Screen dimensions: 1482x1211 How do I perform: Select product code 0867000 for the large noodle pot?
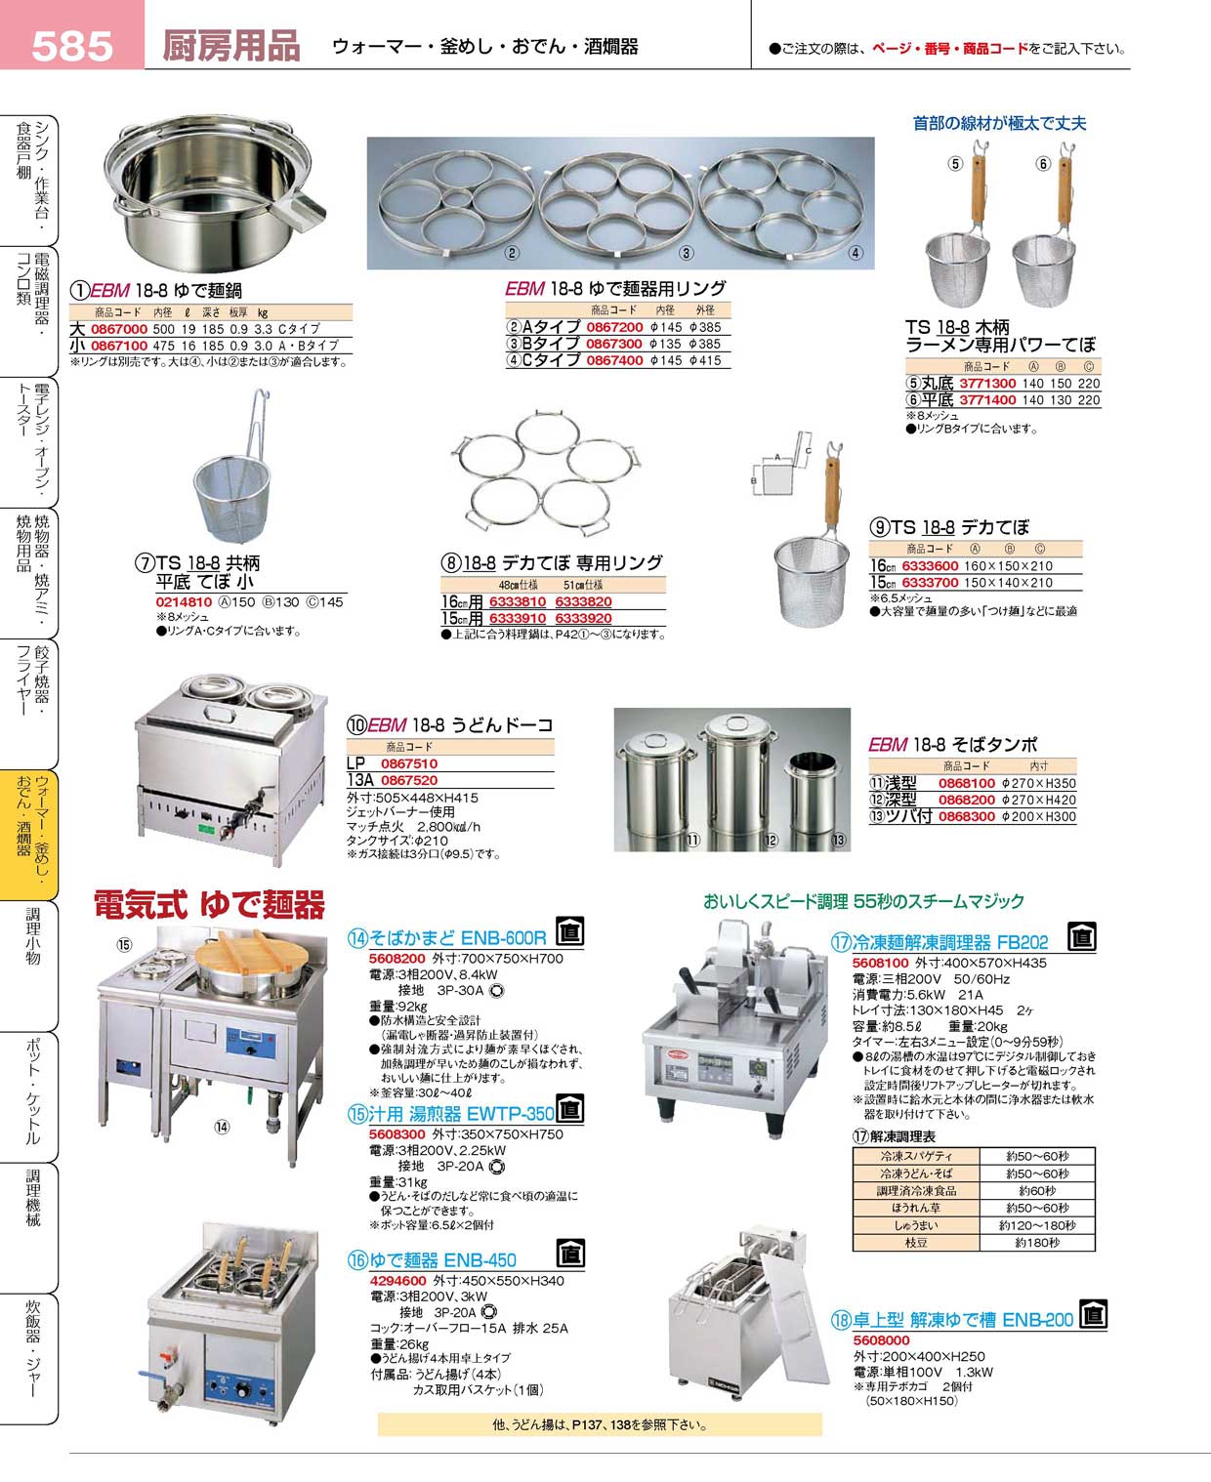(x=118, y=329)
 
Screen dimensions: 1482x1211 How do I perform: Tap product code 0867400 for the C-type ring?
(x=614, y=360)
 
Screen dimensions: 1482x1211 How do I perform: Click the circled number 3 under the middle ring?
(x=687, y=253)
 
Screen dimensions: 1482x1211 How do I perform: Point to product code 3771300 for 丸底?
(x=987, y=384)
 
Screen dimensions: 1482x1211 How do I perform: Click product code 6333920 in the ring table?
(x=583, y=618)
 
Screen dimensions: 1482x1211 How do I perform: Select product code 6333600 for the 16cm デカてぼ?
(x=930, y=566)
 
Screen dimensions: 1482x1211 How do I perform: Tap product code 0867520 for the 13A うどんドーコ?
(x=408, y=780)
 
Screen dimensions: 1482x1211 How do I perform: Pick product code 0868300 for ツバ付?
(x=966, y=816)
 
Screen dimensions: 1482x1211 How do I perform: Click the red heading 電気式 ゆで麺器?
(x=209, y=905)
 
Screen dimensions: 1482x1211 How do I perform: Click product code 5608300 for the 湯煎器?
(x=397, y=1134)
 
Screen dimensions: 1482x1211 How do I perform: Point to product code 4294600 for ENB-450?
(x=397, y=1281)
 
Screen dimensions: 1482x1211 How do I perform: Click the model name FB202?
(x=1022, y=942)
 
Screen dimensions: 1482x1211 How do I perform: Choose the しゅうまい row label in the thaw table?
(x=915, y=1225)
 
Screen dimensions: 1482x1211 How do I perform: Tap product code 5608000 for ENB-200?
(x=881, y=1340)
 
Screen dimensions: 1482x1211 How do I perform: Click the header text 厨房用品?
(x=230, y=46)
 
